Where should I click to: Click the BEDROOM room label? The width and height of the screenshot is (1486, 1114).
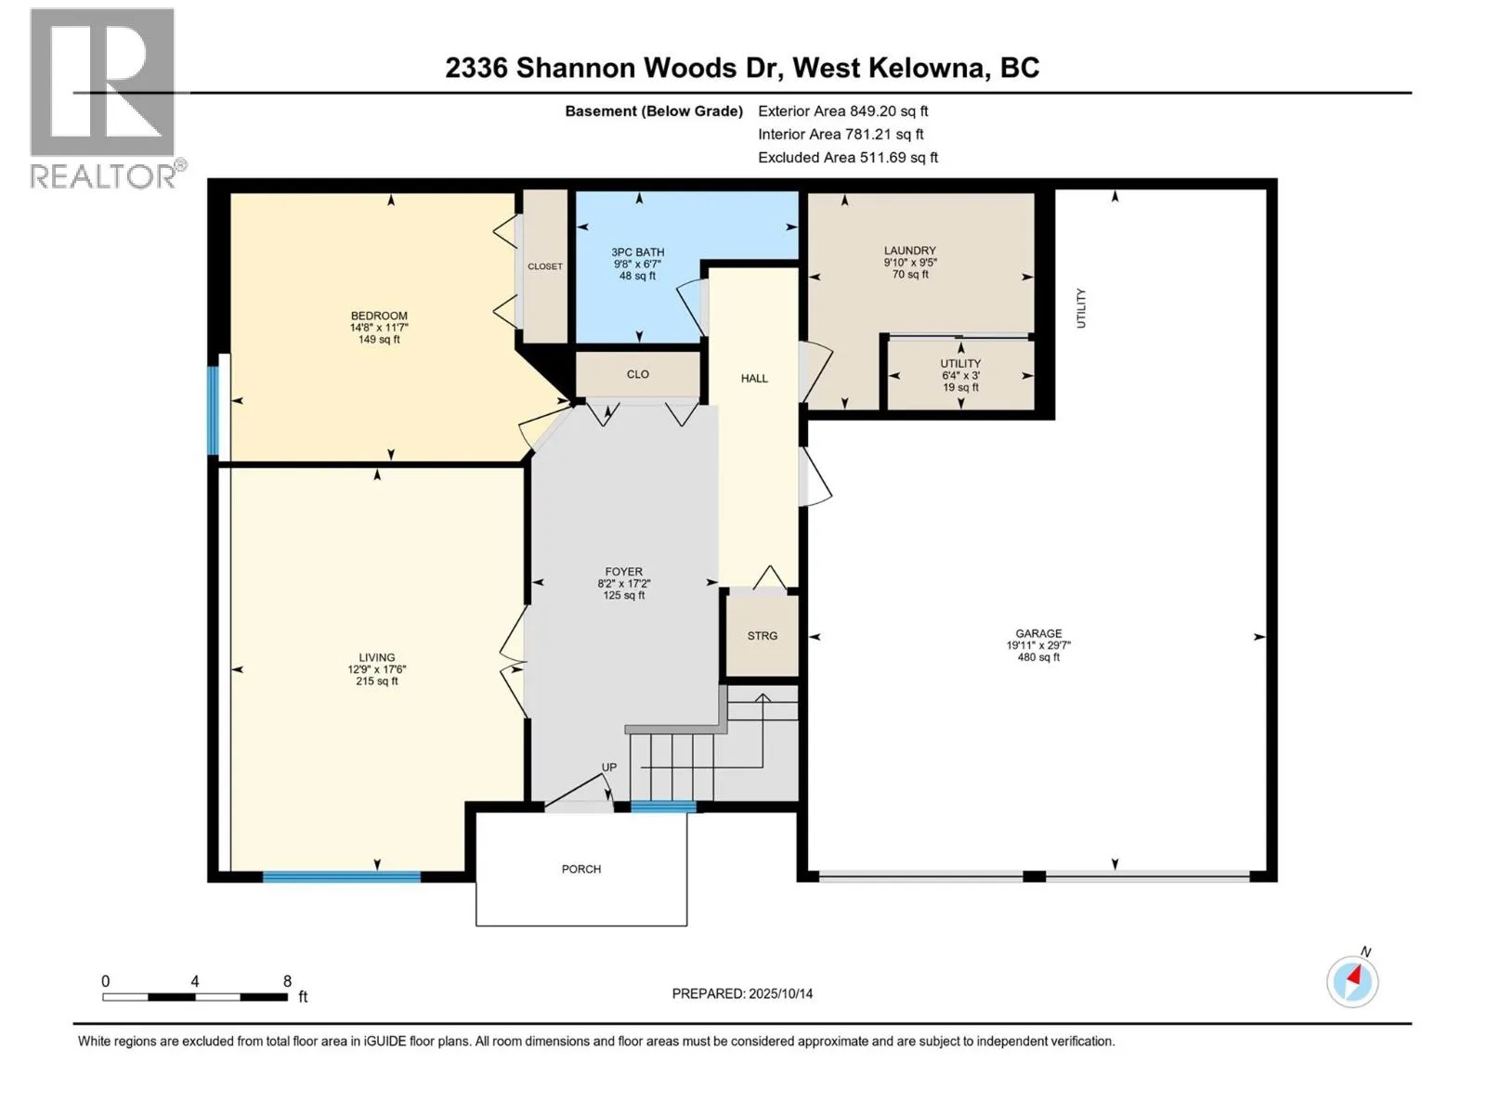pos(379,317)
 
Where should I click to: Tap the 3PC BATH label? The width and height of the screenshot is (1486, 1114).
pos(637,253)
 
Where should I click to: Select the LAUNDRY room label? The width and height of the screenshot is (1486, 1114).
pos(909,251)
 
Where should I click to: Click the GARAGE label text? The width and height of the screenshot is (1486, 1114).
pos(1037,634)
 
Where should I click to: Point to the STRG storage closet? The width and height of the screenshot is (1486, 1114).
pos(763,636)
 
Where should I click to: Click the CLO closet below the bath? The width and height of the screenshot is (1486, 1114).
pos(637,374)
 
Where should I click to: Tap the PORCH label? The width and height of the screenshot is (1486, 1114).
pos(581,870)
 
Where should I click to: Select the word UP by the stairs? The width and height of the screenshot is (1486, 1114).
pos(609,767)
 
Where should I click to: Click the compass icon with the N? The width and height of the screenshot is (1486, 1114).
pos(1352,980)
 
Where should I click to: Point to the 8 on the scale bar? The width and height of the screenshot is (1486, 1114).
pos(287,981)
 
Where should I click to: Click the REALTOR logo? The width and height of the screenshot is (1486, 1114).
pos(104,97)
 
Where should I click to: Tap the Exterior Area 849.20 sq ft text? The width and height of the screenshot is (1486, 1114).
pos(842,110)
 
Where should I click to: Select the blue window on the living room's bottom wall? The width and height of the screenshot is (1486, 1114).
pos(341,876)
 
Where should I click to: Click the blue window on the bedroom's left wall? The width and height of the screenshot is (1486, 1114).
pos(213,411)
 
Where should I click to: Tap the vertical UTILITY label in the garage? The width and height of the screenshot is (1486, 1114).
pos(1081,308)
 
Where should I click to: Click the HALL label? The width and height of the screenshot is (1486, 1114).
pos(754,379)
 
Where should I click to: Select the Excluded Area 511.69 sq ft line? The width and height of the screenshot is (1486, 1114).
pos(847,158)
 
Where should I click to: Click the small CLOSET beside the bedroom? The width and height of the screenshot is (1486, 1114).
pos(545,266)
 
